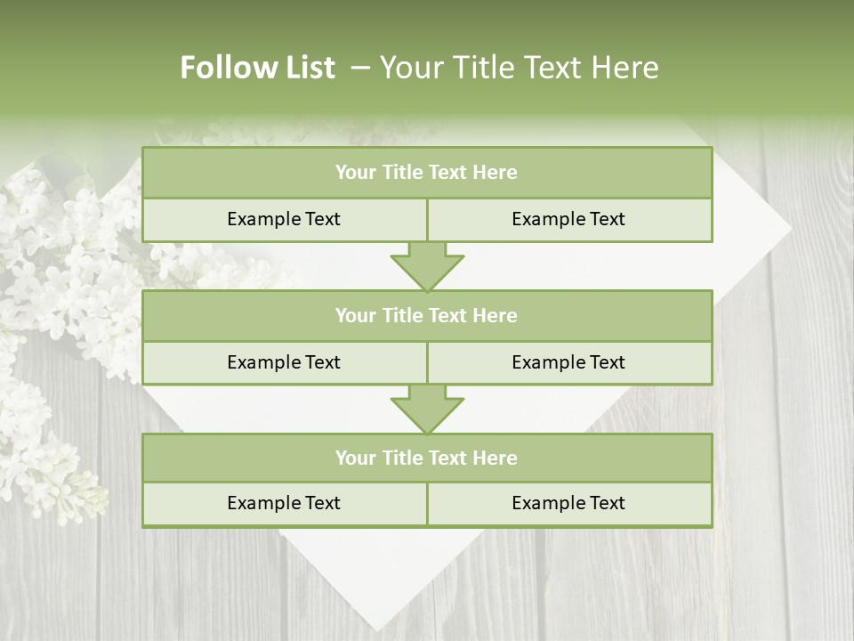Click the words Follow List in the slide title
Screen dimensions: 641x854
click(257, 68)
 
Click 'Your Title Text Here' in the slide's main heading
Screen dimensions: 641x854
click(519, 68)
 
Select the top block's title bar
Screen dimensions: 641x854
click(427, 173)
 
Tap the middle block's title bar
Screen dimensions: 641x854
click(427, 315)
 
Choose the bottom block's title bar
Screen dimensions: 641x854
click(427, 458)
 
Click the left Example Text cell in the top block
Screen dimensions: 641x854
click(284, 219)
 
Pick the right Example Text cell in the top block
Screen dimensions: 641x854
click(568, 219)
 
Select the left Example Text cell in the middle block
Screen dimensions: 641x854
click(284, 362)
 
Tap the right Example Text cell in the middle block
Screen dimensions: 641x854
click(568, 362)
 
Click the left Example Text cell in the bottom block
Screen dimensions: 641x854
click(284, 503)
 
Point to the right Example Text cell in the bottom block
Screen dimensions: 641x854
click(568, 503)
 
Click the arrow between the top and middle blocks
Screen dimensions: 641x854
click(427, 266)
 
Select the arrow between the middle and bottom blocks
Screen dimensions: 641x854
click(427, 409)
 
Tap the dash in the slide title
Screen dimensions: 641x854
click(360, 68)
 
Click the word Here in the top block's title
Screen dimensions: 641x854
click(495, 173)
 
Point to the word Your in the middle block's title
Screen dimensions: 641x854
click(355, 315)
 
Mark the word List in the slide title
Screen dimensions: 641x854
click(310, 68)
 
